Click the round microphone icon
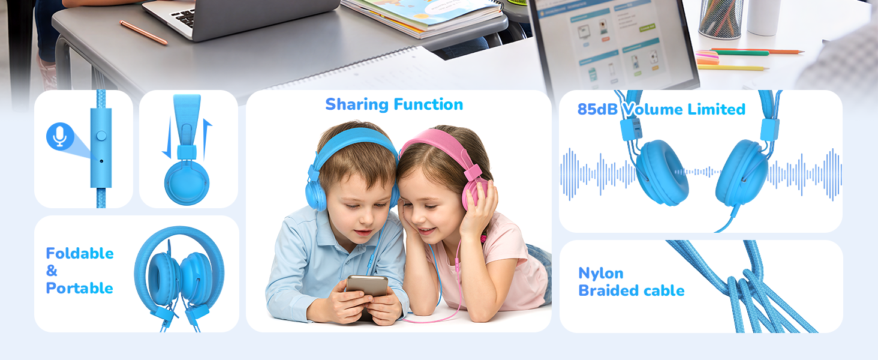[60, 136]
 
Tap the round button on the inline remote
[101, 136]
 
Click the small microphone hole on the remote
[101, 161]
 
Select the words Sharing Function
[394, 105]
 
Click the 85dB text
[597, 109]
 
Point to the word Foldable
[80, 253]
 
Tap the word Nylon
[600, 274]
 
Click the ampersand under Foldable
[52, 271]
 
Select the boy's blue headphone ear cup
[315, 194]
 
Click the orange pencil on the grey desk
[143, 32]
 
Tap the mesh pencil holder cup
[721, 17]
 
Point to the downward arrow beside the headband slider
[167, 138]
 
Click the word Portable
[80, 288]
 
